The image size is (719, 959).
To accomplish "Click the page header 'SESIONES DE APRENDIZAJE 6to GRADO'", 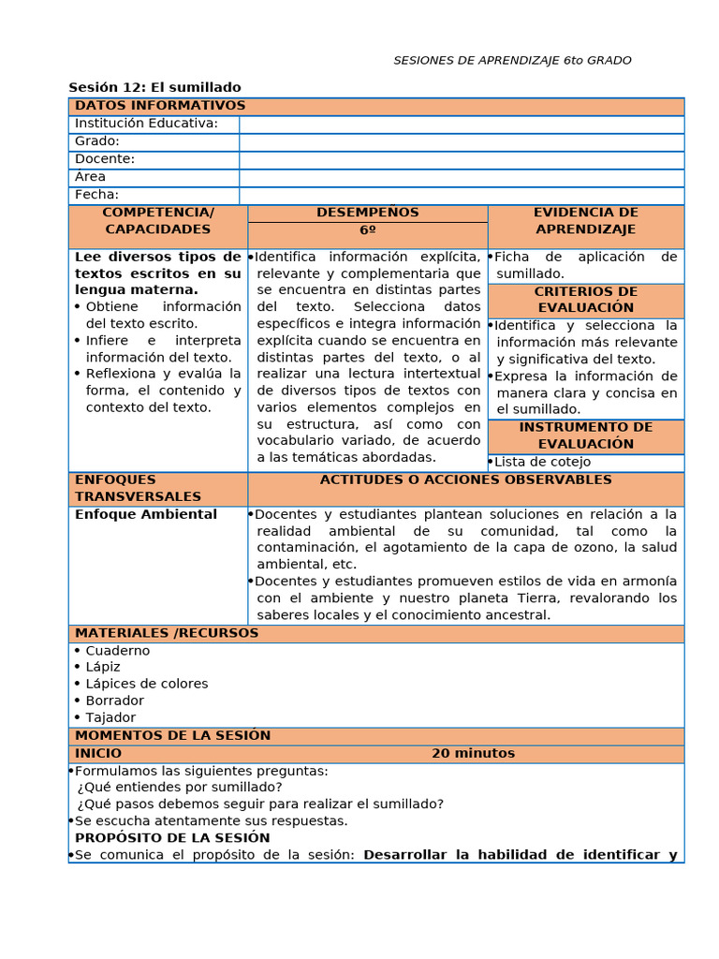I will [x=512, y=61].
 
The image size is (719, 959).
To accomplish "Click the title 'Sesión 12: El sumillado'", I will [x=154, y=87].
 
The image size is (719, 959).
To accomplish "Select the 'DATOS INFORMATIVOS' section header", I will [x=160, y=106].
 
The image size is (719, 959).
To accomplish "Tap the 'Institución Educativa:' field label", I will [x=146, y=124].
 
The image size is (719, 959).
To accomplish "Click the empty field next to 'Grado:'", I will [x=461, y=141].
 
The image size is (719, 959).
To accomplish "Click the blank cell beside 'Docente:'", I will [x=461, y=159].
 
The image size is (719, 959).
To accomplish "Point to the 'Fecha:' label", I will [x=96, y=195].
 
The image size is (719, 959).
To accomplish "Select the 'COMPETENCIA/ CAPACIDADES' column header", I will [x=157, y=221].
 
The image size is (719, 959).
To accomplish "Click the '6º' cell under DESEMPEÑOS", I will [x=367, y=230].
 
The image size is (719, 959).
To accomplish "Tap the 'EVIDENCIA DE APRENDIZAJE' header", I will [x=585, y=221].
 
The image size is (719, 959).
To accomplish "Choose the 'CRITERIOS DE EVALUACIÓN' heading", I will [x=585, y=300].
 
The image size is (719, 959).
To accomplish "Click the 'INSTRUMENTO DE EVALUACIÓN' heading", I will [x=585, y=435].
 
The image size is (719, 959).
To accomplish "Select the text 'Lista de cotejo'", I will [x=542, y=462].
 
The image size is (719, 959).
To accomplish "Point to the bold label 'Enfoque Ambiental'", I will [x=146, y=514].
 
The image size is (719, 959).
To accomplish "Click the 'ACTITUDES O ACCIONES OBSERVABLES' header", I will [x=465, y=480].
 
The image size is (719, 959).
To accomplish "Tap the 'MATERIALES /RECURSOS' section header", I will [x=167, y=633].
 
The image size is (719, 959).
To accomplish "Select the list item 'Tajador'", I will [x=110, y=717].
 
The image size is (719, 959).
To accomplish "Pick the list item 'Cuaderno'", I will [x=117, y=651].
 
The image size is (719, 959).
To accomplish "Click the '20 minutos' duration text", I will [x=473, y=754].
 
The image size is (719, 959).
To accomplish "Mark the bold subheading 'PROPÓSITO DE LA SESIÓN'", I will [x=172, y=838].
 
